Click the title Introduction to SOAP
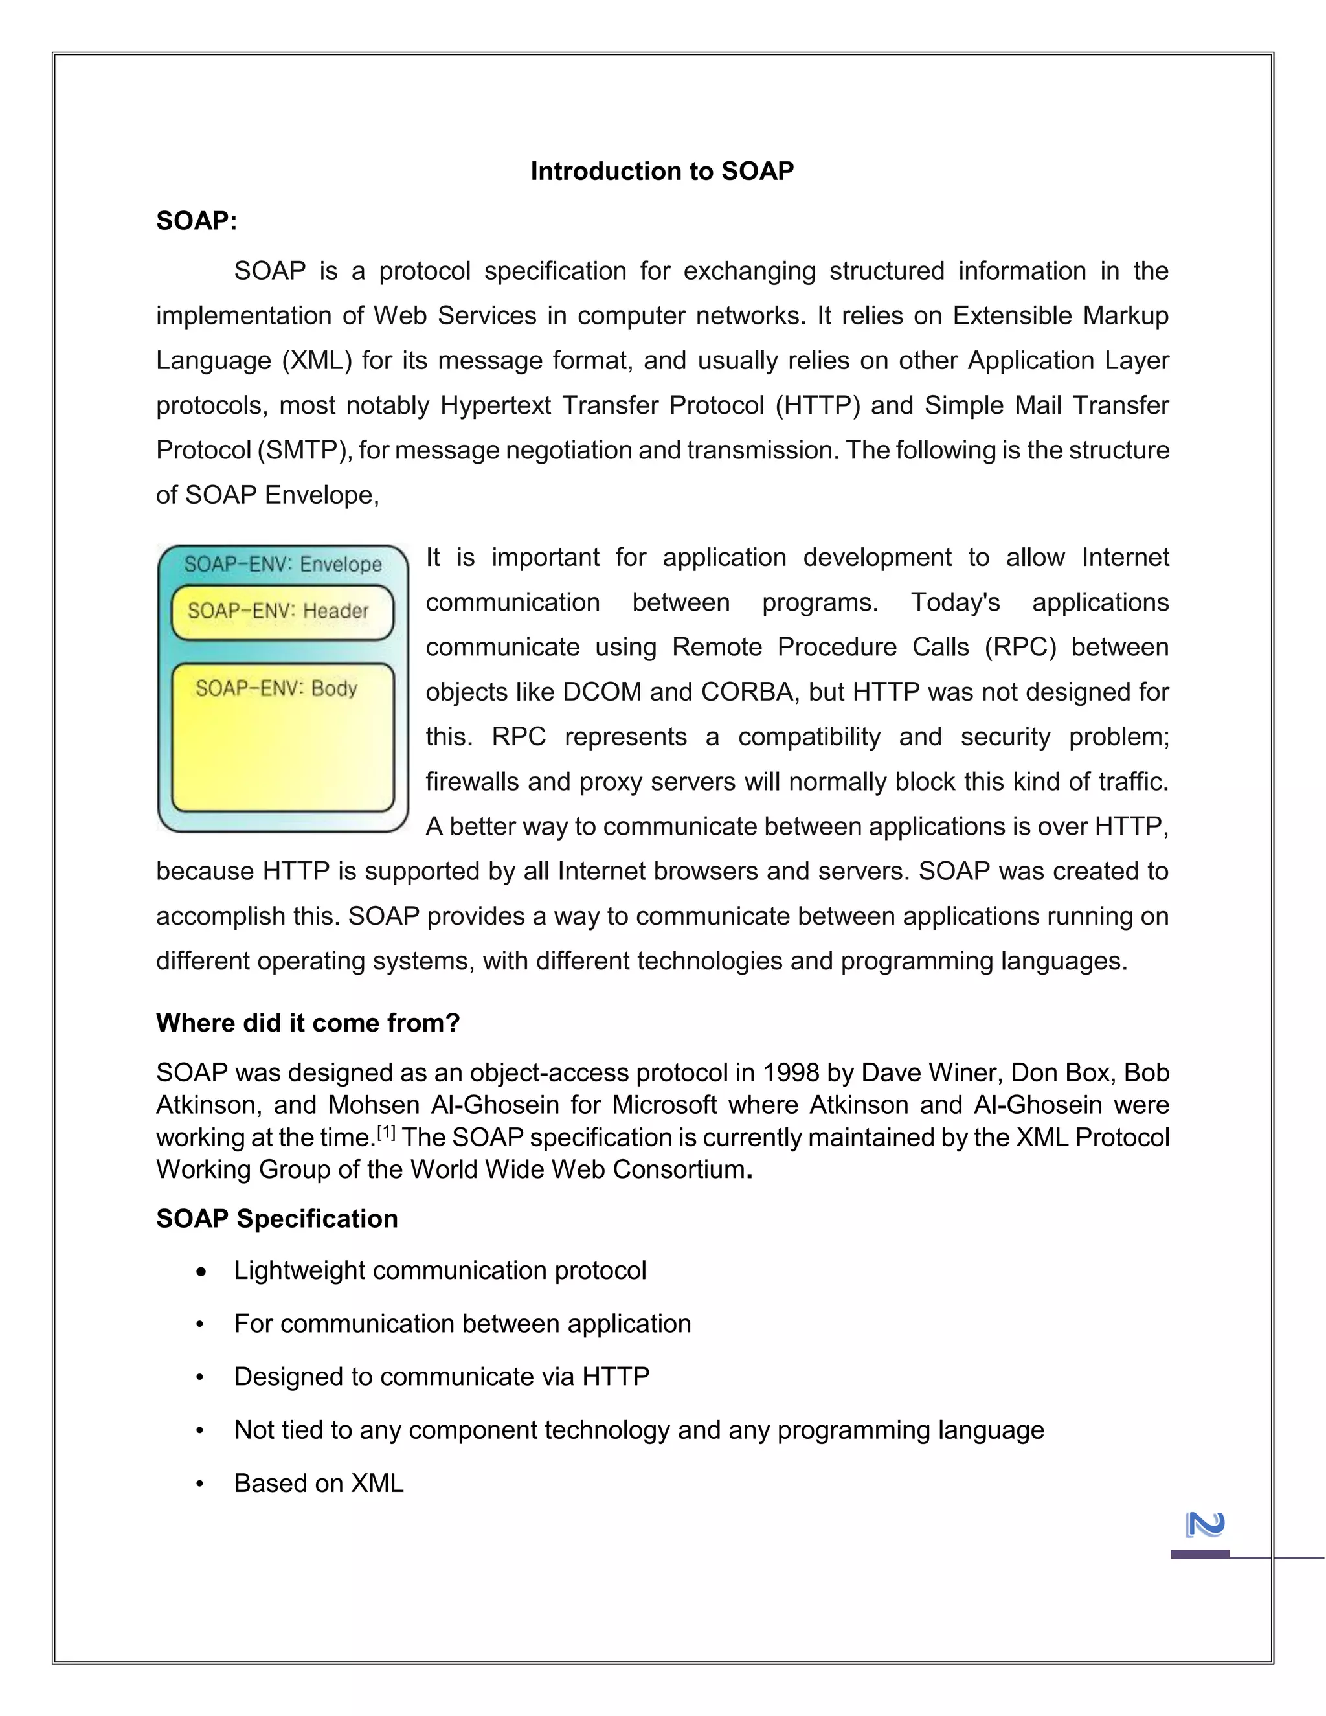pyautogui.click(x=662, y=172)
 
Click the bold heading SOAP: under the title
pyautogui.click(x=196, y=221)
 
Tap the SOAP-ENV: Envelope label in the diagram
pyautogui.click(x=283, y=564)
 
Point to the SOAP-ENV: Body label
pyautogui.click(x=276, y=688)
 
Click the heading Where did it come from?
pyautogui.click(x=308, y=1022)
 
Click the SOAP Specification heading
pyautogui.click(x=276, y=1219)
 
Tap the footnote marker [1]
pyautogui.click(x=386, y=1132)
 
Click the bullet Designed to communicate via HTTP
pyautogui.click(x=442, y=1377)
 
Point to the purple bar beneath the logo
pyautogui.click(x=1200, y=1554)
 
